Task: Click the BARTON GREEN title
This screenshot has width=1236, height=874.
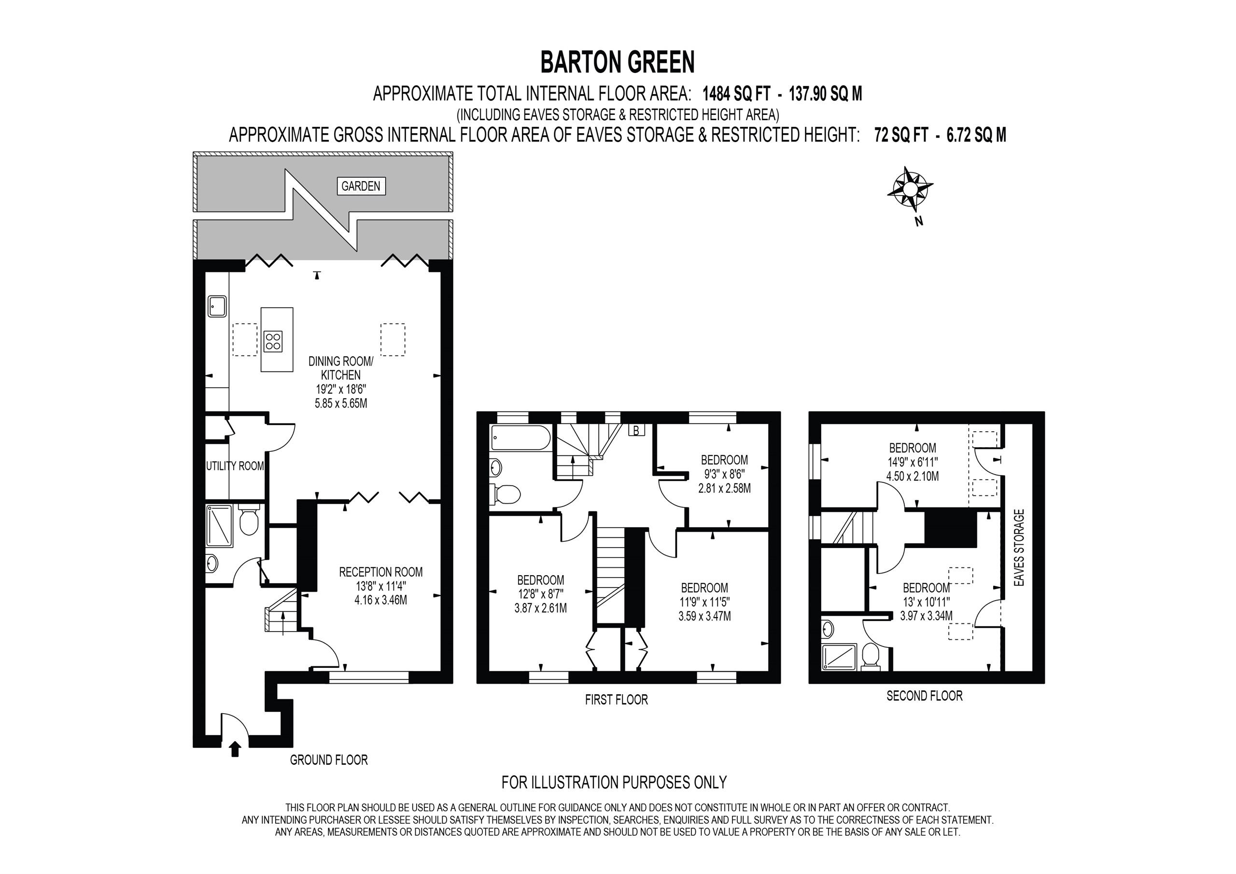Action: point(618,62)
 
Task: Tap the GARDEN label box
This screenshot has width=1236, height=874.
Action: point(361,186)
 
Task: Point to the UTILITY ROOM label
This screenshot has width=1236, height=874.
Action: point(235,466)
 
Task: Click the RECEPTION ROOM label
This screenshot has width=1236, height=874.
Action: point(380,572)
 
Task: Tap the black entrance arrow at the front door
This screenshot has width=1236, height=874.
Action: point(234,749)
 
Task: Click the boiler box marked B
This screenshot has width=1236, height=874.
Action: point(636,430)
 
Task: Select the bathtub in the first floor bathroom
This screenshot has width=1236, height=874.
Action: point(520,438)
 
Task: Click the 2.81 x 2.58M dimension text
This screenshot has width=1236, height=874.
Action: point(724,489)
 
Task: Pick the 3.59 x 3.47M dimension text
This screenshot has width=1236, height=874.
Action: point(705,616)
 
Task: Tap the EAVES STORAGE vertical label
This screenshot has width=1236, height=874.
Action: point(1019,548)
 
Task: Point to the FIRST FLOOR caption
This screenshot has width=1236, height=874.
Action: point(617,700)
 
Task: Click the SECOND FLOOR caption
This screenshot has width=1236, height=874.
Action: point(924,696)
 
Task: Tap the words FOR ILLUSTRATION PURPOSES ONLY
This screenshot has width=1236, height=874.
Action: point(614,782)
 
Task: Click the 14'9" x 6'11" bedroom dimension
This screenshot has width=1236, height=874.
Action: point(912,462)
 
